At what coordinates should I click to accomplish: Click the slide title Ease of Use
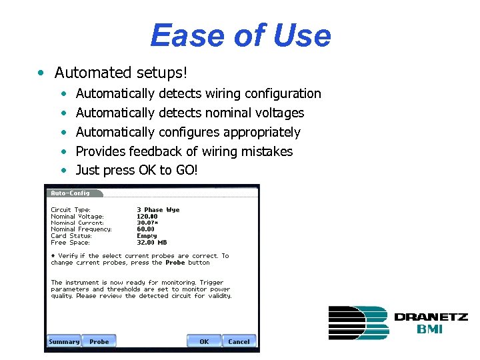click(x=240, y=36)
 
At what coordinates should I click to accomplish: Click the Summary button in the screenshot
click(x=64, y=341)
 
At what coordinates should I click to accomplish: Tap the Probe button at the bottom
click(x=99, y=341)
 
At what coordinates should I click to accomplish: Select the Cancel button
click(x=239, y=341)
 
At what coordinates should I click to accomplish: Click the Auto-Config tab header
click(x=71, y=193)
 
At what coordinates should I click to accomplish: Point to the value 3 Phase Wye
click(x=158, y=210)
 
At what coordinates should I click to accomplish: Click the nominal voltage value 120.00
click(x=147, y=217)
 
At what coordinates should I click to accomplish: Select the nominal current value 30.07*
click(x=148, y=223)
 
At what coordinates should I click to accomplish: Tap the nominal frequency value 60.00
click(x=145, y=229)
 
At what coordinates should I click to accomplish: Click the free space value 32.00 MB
click(x=151, y=243)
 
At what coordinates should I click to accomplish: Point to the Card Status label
click(x=71, y=236)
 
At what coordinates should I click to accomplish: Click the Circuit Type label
click(x=71, y=210)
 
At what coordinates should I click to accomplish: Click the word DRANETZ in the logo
click(x=431, y=317)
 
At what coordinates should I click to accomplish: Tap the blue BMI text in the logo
click(x=431, y=329)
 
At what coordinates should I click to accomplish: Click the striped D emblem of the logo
click(x=357, y=323)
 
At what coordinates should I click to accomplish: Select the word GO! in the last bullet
click(x=187, y=170)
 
